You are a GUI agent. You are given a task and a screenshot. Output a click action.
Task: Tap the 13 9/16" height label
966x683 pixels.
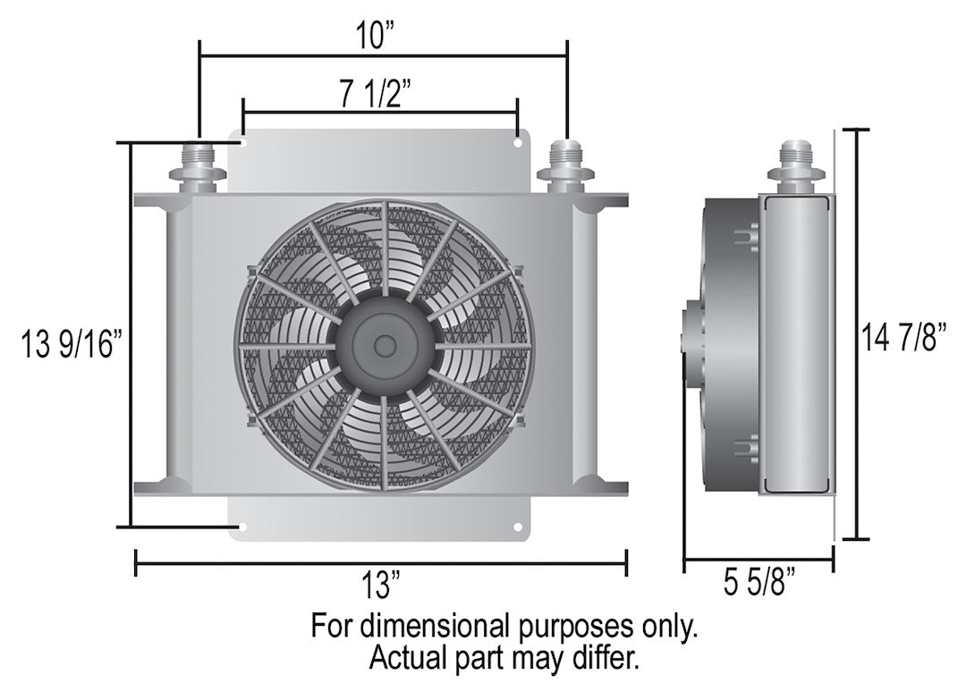[x=71, y=344]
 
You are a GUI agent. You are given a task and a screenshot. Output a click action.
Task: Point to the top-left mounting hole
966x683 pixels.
[x=241, y=141]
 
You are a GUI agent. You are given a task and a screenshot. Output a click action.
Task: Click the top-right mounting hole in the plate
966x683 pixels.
[x=518, y=141]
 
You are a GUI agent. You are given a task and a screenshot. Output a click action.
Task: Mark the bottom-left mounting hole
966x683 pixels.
[x=241, y=527]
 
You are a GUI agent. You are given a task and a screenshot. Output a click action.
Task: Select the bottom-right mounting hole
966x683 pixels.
[x=518, y=527]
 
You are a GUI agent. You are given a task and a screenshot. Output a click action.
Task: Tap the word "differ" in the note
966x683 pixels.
[x=609, y=659]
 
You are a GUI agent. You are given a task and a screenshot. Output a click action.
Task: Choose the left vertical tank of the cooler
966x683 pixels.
[x=176, y=345]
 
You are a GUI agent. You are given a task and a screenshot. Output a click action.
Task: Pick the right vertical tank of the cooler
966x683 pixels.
[x=586, y=345]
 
